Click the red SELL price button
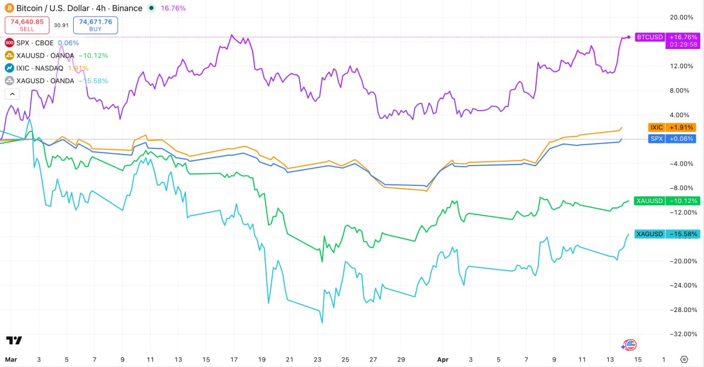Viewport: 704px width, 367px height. click(x=27, y=25)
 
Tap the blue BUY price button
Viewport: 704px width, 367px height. click(x=95, y=25)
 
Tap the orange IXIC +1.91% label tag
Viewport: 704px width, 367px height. click(x=672, y=127)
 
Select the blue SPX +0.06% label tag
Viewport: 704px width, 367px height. click(x=672, y=139)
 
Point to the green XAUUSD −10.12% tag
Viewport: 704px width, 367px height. click(x=666, y=201)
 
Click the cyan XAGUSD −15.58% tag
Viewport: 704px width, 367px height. click(x=666, y=234)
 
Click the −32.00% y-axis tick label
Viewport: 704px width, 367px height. click(x=683, y=334)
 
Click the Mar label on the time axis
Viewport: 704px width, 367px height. click(x=10, y=359)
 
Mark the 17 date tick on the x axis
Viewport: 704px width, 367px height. click(x=234, y=359)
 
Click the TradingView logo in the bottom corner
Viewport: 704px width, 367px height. click(x=14, y=341)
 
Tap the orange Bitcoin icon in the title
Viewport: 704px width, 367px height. click(x=8, y=8)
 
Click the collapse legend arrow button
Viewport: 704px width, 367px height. click(x=12, y=94)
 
